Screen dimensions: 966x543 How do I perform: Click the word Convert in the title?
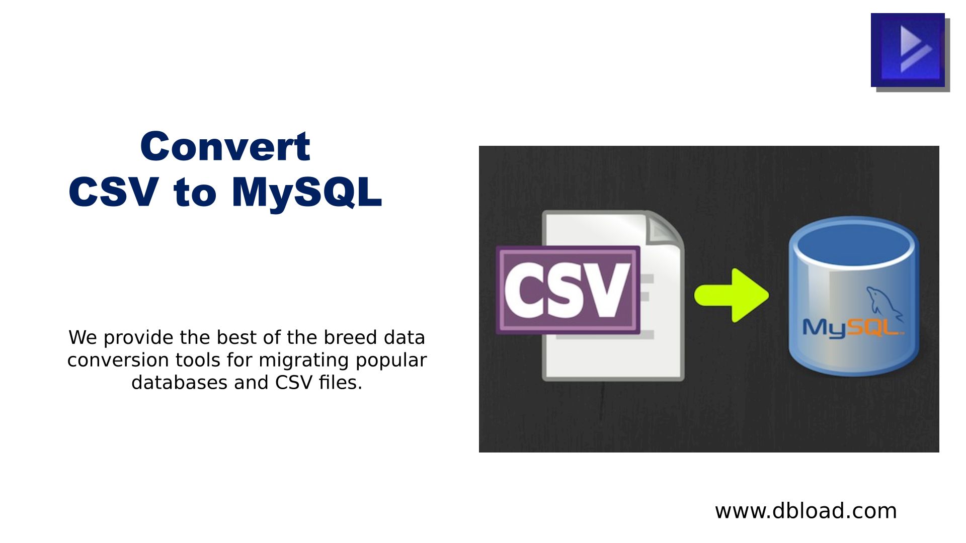pyautogui.click(x=225, y=146)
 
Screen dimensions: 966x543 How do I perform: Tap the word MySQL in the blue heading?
pyautogui.click(x=307, y=193)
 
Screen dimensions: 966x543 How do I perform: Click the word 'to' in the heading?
pyautogui.click(x=195, y=193)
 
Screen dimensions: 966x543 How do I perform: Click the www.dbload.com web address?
pyautogui.click(x=806, y=511)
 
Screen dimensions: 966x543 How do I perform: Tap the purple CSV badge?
pyautogui.click(x=568, y=290)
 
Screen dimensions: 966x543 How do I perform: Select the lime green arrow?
pyautogui.click(x=732, y=295)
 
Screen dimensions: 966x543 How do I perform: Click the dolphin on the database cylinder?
pyautogui.click(x=884, y=304)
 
